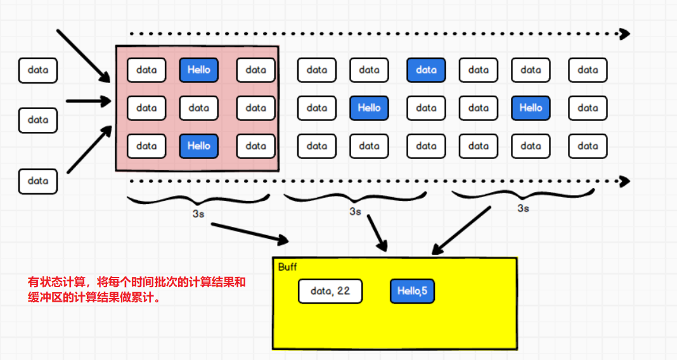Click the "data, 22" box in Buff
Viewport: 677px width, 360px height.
[x=330, y=292]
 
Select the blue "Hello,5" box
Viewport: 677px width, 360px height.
[x=412, y=292]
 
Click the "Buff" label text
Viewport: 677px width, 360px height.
[x=287, y=267]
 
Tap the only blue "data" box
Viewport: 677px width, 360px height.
[x=426, y=70]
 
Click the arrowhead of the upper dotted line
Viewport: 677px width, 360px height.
[x=625, y=34]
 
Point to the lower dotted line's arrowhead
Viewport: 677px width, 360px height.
[x=625, y=181]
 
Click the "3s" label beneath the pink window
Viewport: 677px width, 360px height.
[x=198, y=214]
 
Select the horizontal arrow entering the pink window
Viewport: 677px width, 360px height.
[x=89, y=100]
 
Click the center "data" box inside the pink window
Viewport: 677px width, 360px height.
[x=198, y=108]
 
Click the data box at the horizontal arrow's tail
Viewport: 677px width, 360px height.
[x=38, y=120]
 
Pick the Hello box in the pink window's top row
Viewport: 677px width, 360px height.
[x=198, y=70]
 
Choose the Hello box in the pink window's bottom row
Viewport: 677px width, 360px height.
[x=198, y=146]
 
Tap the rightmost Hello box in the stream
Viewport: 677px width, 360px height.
[x=531, y=108]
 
